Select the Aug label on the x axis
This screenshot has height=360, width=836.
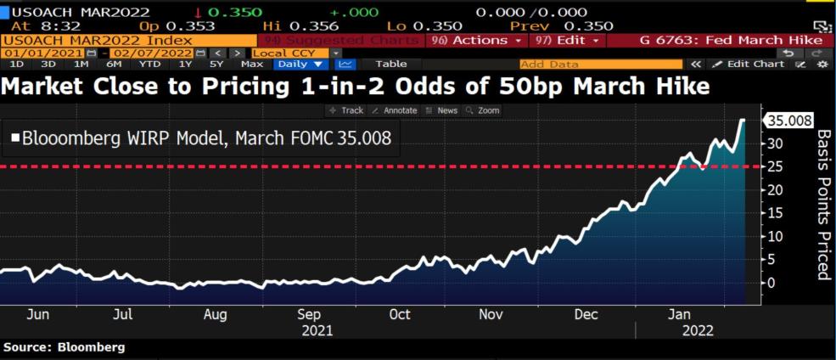(x=216, y=314)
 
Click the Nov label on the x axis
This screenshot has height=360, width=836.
(x=491, y=314)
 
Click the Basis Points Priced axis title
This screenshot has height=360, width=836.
(x=822, y=205)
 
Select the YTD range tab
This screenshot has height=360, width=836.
(x=150, y=64)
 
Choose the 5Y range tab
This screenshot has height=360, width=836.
(x=217, y=64)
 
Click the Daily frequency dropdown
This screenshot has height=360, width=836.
(x=300, y=64)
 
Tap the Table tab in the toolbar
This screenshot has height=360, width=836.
(x=390, y=64)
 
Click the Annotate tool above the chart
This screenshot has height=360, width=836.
(x=396, y=110)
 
